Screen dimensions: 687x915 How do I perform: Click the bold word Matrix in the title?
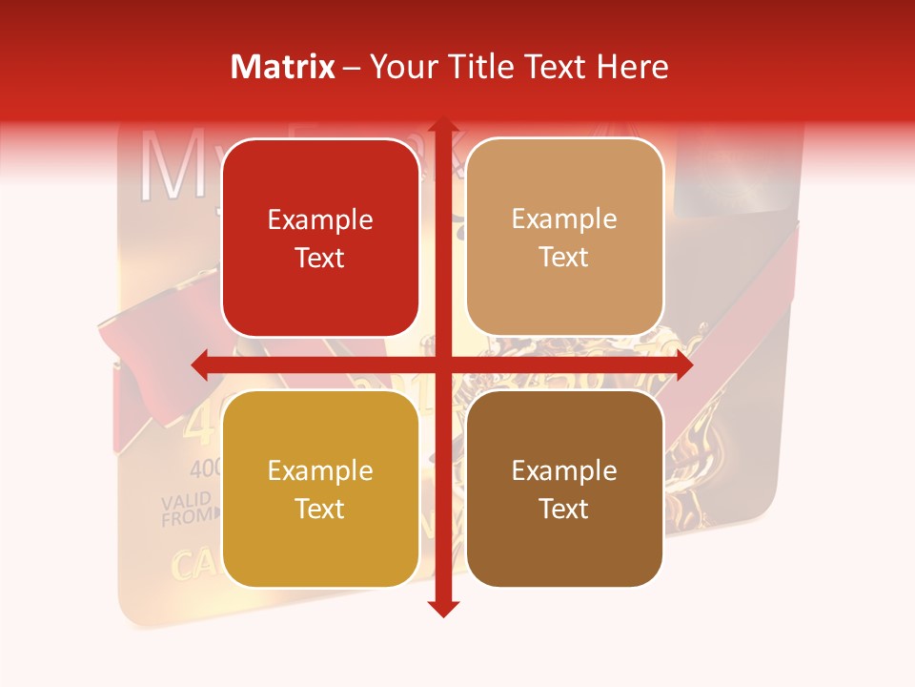click(x=283, y=67)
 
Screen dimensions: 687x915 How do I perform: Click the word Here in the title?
click(x=632, y=67)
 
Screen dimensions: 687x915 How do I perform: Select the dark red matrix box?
click(x=320, y=238)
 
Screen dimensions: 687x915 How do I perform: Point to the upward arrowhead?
click(x=442, y=126)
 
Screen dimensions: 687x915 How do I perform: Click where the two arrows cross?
click(x=442, y=364)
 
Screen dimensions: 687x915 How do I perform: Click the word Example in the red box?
click(x=320, y=220)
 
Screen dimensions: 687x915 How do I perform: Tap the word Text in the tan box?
click(x=564, y=258)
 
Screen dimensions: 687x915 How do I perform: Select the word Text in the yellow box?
click(x=320, y=509)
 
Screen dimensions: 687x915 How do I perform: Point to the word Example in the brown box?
click(x=564, y=470)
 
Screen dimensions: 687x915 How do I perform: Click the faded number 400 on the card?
click(x=205, y=468)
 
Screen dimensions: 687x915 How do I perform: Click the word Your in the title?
click(x=400, y=67)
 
